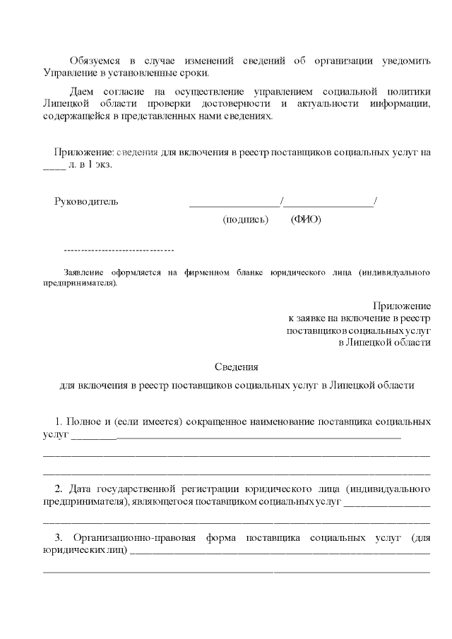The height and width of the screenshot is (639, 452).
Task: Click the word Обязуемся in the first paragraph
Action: pyautogui.click(x=95, y=61)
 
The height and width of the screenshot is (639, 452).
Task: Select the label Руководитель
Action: pyautogui.click(x=86, y=201)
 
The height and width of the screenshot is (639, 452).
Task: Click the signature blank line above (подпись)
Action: pyautogui.click(x=234, y=204)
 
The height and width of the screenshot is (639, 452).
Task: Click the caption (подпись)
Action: pyautogui.click(x=245, y=220)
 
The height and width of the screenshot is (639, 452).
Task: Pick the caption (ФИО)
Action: pyautogui.click(x=306, y=220)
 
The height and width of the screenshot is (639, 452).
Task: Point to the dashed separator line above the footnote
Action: pyautogui.click(x=119, y=251)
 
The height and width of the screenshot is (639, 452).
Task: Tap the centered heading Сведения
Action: pyautogui.click(x=237, y=367)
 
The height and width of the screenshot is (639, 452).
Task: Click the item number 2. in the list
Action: pyautogui.click(x=59, y=489)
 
